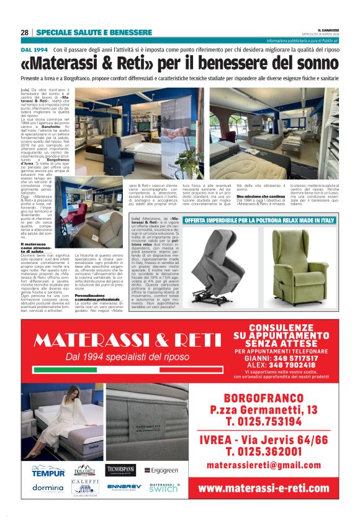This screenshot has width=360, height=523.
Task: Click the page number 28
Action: tap(24, 32)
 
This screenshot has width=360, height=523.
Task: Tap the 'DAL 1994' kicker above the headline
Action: tap(35, 49)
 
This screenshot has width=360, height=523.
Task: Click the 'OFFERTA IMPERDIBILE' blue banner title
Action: tap(259, 221)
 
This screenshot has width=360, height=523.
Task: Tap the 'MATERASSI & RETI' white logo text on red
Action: tap(127, 340)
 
